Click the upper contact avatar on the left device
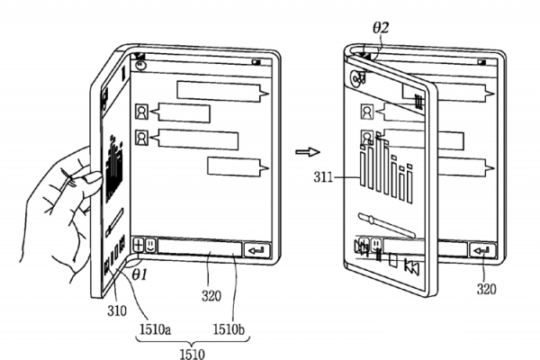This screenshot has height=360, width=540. (142, 112)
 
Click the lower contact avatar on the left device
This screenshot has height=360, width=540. (142, 138)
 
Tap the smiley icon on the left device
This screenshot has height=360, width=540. (150, 244)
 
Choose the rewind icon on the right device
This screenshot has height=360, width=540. (411, 265)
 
